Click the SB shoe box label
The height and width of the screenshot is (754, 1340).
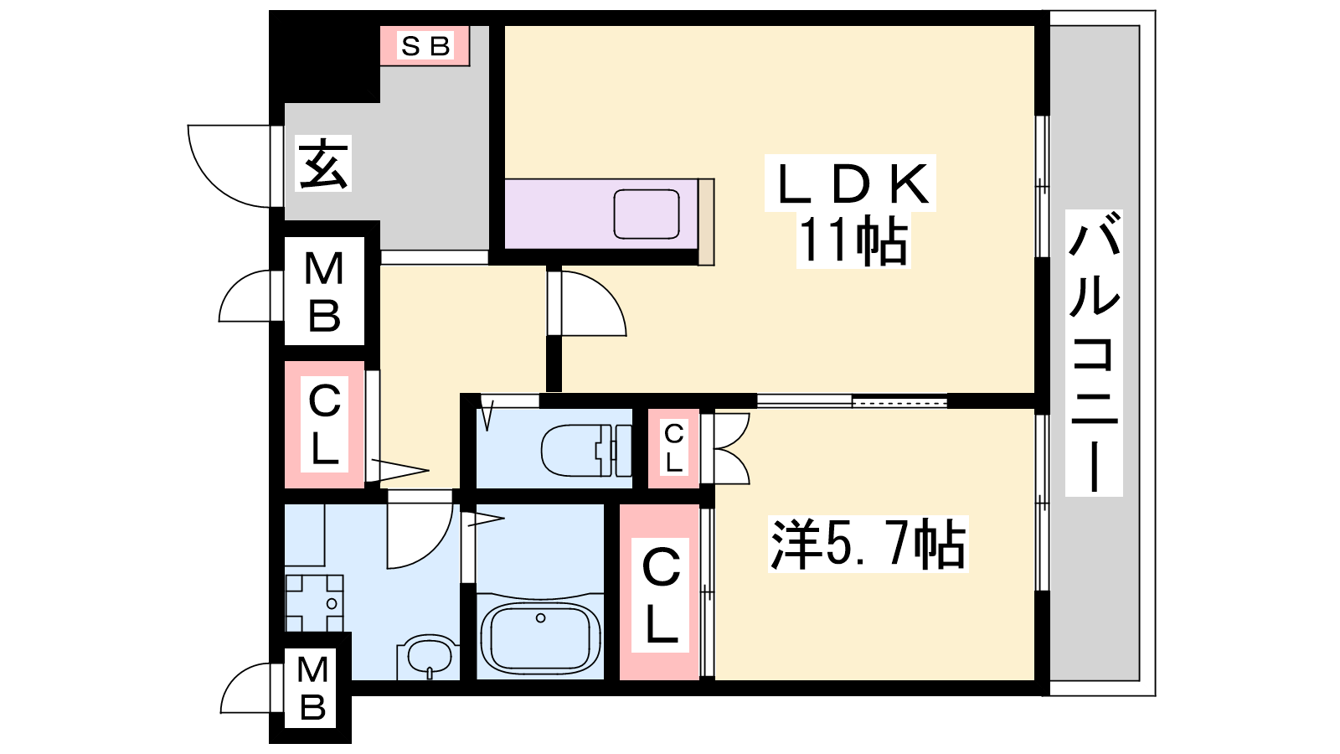point(425,46)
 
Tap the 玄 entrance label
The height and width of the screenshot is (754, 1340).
point(323,163)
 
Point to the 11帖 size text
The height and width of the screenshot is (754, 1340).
point(853,240)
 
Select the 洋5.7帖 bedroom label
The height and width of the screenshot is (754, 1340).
point(868,544)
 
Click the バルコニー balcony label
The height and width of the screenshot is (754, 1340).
point(1094,352)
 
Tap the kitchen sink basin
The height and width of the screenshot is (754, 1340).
point(646,214)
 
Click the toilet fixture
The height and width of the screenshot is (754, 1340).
point(586,450)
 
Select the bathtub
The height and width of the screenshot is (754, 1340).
point(540,637)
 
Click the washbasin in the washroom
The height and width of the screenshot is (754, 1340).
point(429,657)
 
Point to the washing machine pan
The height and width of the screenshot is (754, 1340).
point(314,603)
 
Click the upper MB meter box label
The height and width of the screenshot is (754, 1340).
point(324,292)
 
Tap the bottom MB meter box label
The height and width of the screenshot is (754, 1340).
point(313,689)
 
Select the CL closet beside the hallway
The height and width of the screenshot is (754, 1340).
point(324,424)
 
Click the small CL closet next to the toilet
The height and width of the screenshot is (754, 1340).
point(673,448)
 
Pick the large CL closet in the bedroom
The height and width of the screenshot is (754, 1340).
point(660,591)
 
